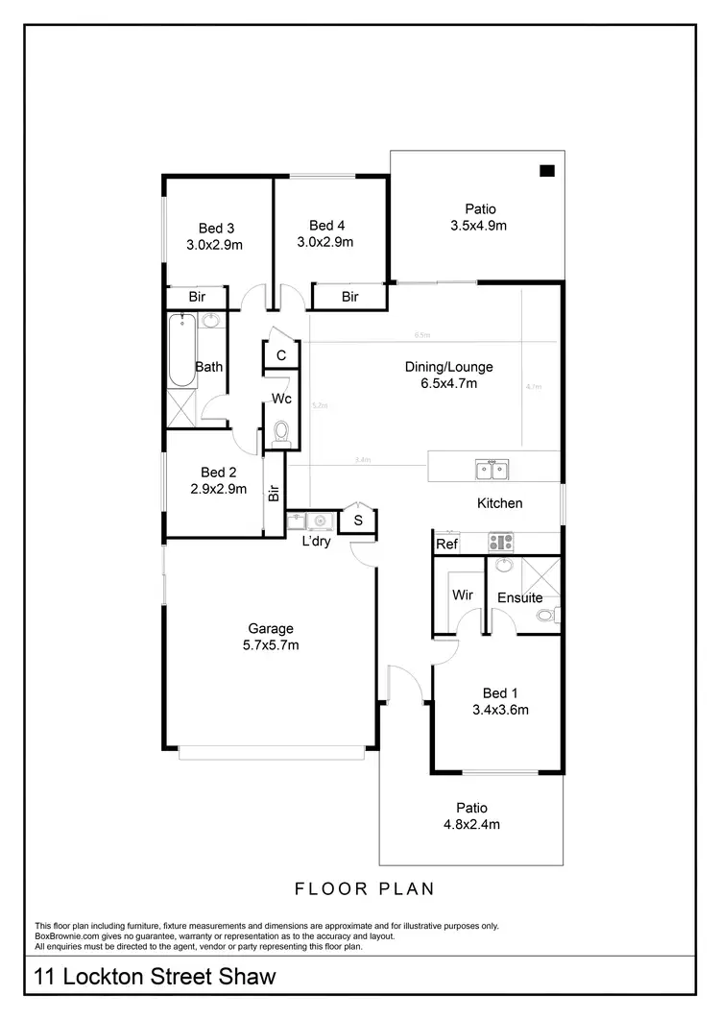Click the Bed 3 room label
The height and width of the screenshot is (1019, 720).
click(217, 229)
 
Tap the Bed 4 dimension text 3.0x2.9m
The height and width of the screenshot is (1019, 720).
click(324, 242)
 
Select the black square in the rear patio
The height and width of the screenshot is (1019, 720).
click(547, 171)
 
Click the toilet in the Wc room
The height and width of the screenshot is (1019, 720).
click(281, 434)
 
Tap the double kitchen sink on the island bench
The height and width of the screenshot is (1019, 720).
click(492, 470)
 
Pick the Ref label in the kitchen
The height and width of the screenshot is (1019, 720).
click(446, 544)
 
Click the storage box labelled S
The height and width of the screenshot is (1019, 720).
click(358, 521)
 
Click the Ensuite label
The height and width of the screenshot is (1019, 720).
click(519, 598)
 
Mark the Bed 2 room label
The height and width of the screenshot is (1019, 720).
click(219, 473)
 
